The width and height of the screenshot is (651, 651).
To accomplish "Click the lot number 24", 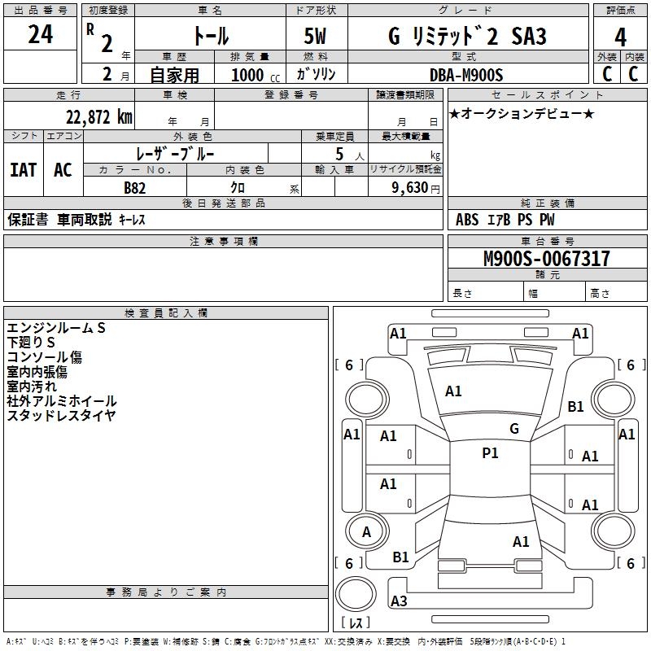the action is pyautogui.click(x=40, y=34).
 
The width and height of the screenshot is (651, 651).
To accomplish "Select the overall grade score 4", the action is pyautogui.click(x=620, y=37).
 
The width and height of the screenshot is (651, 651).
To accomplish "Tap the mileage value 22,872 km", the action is pyautogui.click(x=99, y=117).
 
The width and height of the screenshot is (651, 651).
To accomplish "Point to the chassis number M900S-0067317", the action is pyautogui.click(x=547, y=258).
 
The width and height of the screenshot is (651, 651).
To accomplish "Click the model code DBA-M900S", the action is pyautogui.click(x=466, y=75).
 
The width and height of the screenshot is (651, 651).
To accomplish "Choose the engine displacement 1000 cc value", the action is pyautogui.click(x=256, y=75).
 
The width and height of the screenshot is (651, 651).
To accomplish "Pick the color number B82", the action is pyautogui.click(x=135, y=188).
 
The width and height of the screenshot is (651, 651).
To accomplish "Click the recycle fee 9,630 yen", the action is pyautogui.click(x=416, y=188).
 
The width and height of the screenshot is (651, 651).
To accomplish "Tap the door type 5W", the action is pyautogui.click(x=315, y=36).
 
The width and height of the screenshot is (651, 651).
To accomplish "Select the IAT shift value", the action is pyautogui.click(x=24, y=170).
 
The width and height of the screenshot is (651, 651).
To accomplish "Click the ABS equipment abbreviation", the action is pyautogui.click(x=467, y=220).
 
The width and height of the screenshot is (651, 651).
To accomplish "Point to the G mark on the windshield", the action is pyautogui.click(x=514, y=429).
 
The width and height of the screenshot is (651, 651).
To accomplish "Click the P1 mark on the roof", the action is pyautogui.click(x=491, y=453).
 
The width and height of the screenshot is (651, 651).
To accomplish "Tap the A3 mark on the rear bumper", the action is pyautogui.click(x=399, y=601).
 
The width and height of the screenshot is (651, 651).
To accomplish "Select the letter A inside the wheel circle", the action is pyautogui.click(x=366, y=532).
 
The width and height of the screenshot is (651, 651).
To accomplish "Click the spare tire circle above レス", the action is pyautogui.click(x=356, y=595).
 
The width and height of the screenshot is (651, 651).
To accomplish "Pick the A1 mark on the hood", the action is pyautogui.click(x=453, y=391).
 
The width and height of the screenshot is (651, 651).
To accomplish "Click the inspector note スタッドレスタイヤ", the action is pyautogui.click(x=61, y=416).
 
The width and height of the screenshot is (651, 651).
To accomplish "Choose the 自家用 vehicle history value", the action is pyautogui.click(x=174, y=75).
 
